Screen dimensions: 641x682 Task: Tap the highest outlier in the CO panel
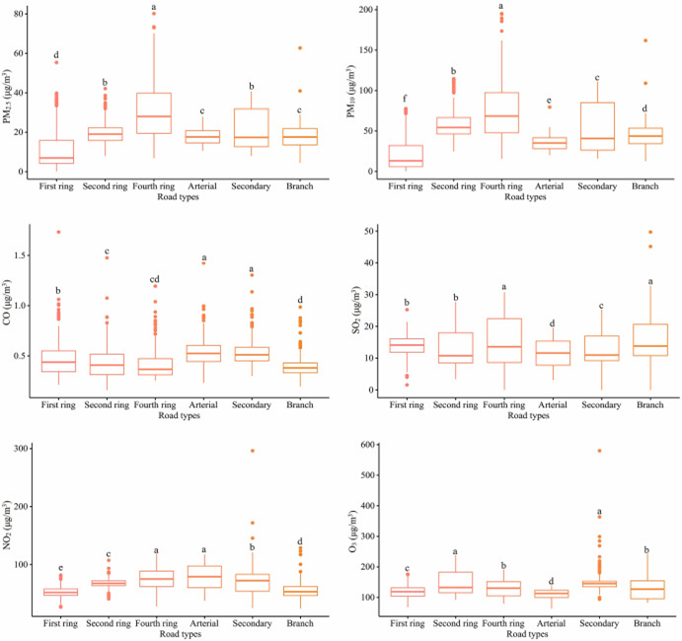pyautogui.click(x=58, y=232)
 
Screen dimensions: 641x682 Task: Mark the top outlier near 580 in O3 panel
pyautogui.click(x=599, y=451)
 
